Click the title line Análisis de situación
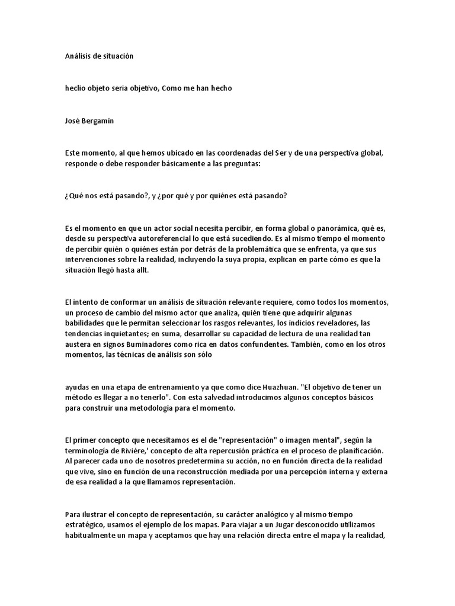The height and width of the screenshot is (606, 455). coord(100,56)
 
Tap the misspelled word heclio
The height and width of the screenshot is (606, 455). coord(75,88)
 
